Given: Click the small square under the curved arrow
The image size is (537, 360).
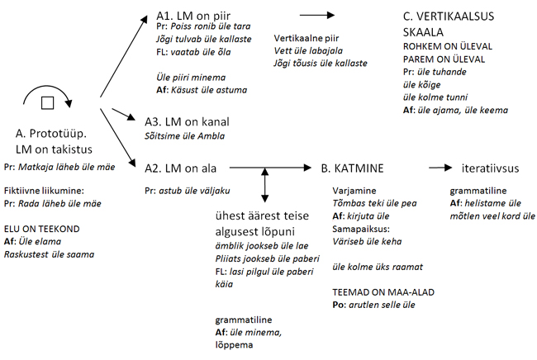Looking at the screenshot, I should click(x=48, y=102).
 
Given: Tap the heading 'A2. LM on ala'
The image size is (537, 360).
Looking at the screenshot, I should click(x=183, y=168).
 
